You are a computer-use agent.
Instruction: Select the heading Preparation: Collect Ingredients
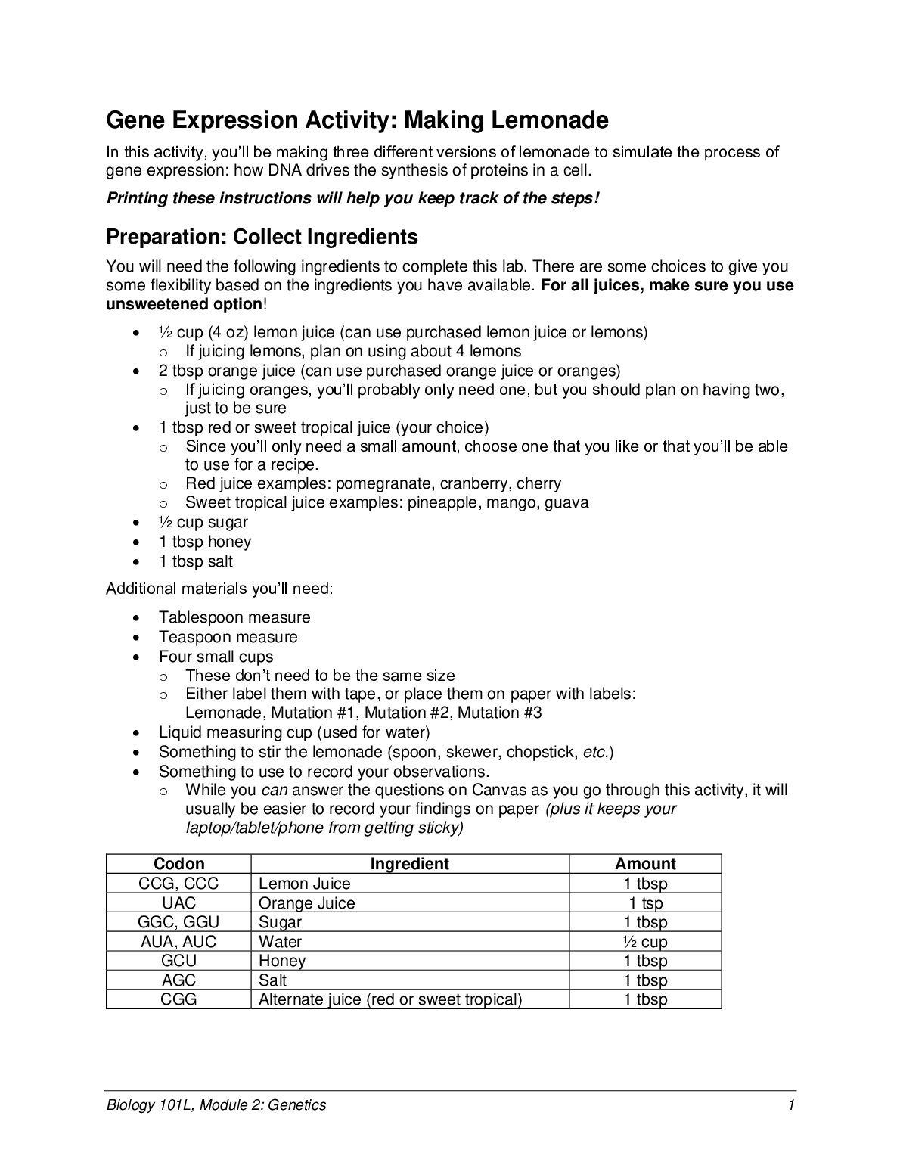point(262,237)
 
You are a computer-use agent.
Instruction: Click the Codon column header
point(178,864)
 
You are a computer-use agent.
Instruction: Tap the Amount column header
point(645,864)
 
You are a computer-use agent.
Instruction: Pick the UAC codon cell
point(178,902)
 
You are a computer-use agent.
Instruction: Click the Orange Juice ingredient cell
point(306,902)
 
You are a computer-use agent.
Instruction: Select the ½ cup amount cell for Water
point(645,942)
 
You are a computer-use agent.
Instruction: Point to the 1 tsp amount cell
point(645,902)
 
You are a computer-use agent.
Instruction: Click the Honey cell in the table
point(282,961)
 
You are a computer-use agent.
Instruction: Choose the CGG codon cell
point(178,999)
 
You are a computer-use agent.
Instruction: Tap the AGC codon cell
point(178,980)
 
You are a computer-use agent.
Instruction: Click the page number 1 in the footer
point(790,1105)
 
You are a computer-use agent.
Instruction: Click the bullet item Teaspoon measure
point(228,637)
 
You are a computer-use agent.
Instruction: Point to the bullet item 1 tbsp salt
point(196,561)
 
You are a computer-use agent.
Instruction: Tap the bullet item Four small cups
point(216,657)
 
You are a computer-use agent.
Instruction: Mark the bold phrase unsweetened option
point(183,304)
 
